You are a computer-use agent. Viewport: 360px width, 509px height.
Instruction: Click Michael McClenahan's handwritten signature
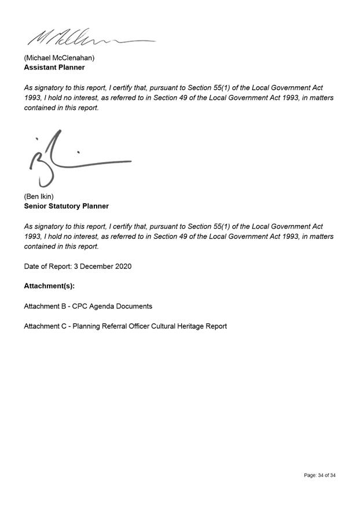[87, 38]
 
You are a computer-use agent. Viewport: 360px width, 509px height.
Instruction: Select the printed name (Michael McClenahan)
[59, 58]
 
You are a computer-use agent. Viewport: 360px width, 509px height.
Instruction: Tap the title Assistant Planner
[54, 67]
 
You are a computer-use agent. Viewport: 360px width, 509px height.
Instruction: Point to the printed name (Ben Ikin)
[39, 197]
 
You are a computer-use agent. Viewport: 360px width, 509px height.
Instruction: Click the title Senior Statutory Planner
[66, 206]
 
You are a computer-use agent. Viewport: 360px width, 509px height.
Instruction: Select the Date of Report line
[78, 266]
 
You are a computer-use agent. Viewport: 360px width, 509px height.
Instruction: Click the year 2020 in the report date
[123, 266]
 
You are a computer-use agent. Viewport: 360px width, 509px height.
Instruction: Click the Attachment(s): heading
[50, 286]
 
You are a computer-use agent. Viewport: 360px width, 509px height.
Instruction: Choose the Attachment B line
[88, 306]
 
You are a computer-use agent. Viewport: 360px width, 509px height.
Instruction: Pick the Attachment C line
[125, 326]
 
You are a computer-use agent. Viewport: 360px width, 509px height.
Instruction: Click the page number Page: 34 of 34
[319, 475]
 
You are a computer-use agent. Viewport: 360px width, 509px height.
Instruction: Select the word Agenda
[105, 306]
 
